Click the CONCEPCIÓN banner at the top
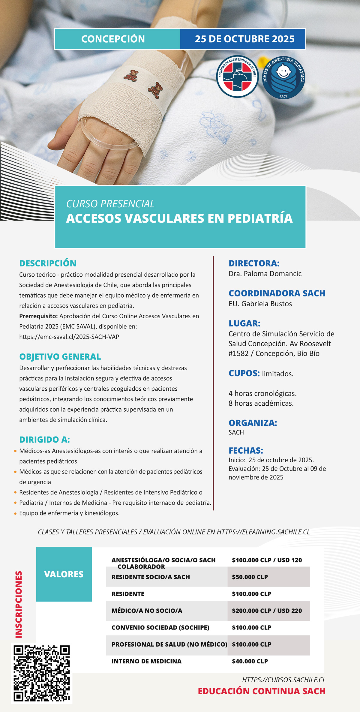113,39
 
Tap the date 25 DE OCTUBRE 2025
244,39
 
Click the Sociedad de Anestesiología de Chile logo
237,77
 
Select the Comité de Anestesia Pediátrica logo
283,77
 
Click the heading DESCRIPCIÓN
48,263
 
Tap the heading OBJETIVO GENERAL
60,356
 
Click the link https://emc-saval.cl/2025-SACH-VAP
69,337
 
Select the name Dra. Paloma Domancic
265,274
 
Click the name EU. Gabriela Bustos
260,304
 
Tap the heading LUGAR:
244,323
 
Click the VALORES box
64,574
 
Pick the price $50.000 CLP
250,577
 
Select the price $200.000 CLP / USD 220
267,611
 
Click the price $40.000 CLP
250,661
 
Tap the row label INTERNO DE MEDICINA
146,661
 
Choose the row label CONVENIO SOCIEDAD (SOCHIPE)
160,627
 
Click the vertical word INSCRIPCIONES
19,604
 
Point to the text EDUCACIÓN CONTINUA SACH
262,691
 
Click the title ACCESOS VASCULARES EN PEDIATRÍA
179,218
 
